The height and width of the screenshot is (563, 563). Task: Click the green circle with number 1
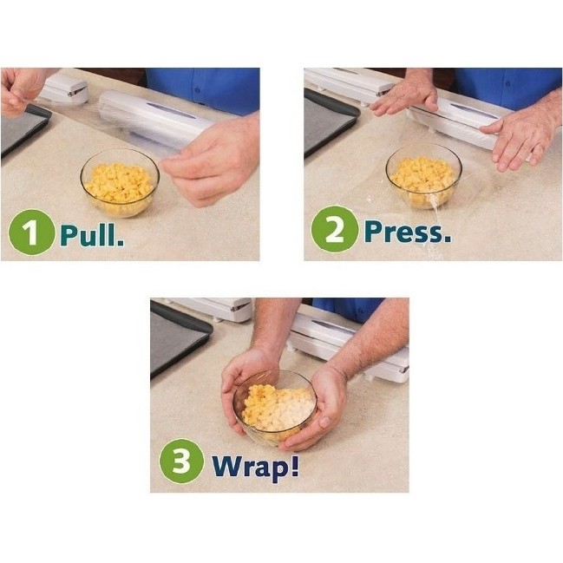[x=31, y=232]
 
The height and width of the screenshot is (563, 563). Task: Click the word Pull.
[x=92, y=233]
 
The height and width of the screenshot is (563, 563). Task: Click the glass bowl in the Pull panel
[x=120, y=181]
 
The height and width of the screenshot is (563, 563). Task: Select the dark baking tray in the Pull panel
[x=21, y=130]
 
